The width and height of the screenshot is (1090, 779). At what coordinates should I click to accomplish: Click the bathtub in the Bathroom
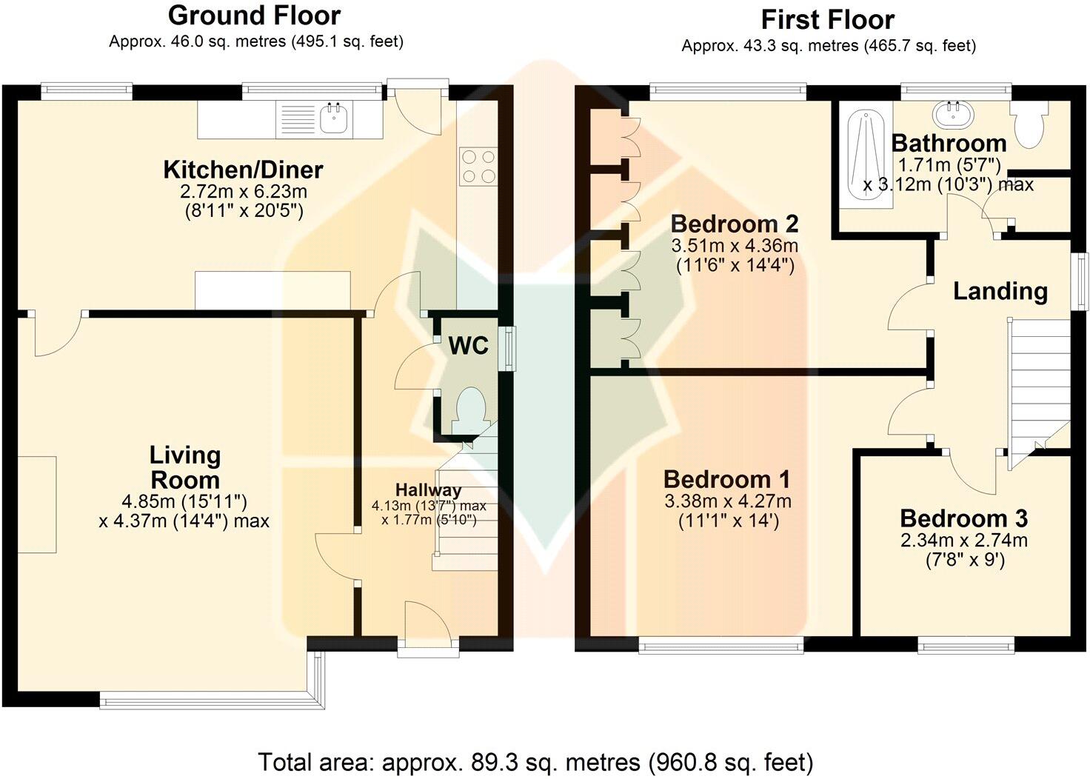tap(866, 154)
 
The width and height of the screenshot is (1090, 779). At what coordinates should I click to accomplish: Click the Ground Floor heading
tap(254, 16)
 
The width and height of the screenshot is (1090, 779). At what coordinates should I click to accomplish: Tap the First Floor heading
tap(828, 20)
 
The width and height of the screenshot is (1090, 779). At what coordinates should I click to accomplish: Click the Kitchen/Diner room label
tap(244, 170)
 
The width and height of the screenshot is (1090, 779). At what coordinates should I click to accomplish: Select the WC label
tap(468, 346)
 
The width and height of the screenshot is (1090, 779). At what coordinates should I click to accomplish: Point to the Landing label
tap(1000, 291)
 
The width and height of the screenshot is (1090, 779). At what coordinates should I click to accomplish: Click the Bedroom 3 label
tap(964, 518)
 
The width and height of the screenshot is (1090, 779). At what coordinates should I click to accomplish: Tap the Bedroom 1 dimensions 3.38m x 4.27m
tap(728, 501)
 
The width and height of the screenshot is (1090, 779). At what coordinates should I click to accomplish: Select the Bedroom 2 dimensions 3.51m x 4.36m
tap(735, 245)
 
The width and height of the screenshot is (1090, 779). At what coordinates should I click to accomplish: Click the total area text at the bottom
tap(536, 762)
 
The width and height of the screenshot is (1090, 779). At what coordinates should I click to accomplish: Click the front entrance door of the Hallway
tap(428, 628)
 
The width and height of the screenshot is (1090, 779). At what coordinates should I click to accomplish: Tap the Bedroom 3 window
tap(966, 645)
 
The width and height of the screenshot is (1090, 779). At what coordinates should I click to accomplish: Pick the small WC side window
tap(509, 348)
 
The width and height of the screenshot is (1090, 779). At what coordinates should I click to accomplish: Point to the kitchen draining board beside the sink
tap(298, 118)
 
